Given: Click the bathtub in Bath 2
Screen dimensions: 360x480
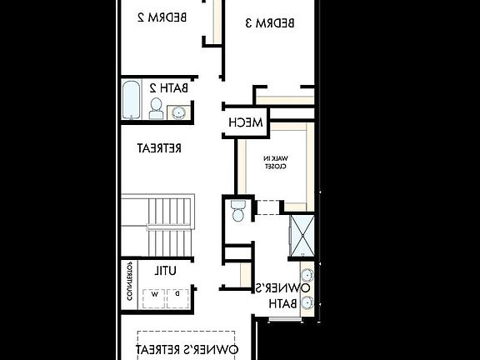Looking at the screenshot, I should click(132, 100).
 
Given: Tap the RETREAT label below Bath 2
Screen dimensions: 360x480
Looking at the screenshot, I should click(159, 147).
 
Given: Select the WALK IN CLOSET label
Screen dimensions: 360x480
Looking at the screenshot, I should click(276, 162).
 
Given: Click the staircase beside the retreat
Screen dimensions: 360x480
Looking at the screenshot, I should click(158, 225).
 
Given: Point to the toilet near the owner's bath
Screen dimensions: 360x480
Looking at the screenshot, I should click(238, 211).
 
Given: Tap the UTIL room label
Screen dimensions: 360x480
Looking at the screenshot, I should click(163, 270).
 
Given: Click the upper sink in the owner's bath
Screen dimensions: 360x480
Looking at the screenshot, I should click(307, 275).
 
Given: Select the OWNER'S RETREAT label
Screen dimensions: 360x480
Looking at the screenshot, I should click(193, 347).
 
